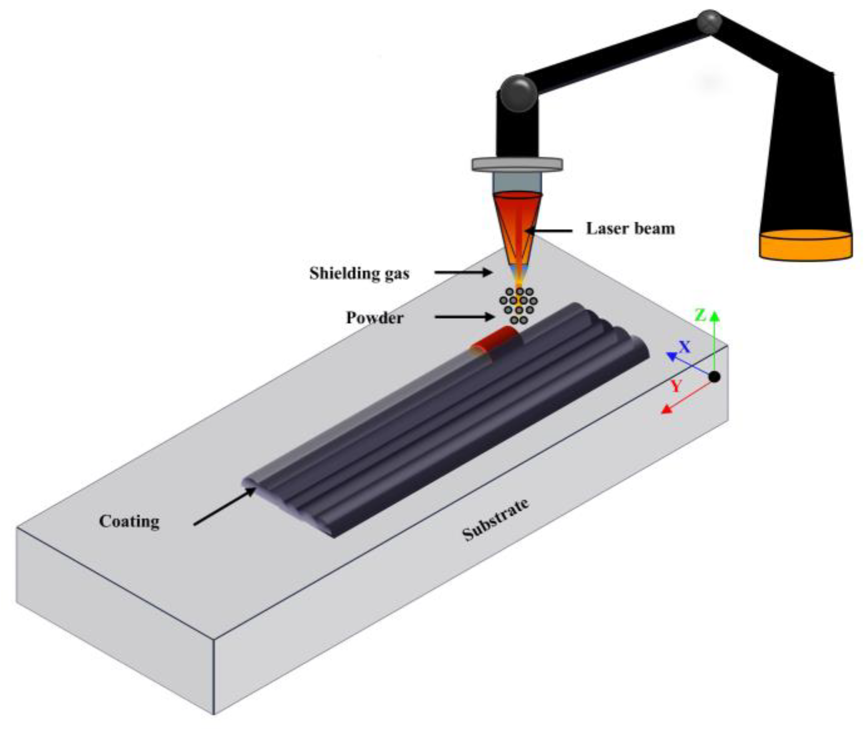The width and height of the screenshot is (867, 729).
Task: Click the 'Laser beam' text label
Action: click(x=630, y=229)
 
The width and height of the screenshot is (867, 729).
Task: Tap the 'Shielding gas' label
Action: click(x=359, y=273)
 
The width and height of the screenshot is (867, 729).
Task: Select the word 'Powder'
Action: click(x=375, y=318)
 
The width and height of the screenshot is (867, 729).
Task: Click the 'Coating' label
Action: click(x=129, y=521)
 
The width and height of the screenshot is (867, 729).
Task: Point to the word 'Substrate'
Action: click(x=495, y=520)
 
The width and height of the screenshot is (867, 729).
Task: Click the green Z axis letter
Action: click(x=700, y=316)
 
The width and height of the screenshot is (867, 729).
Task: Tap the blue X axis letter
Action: click(x=685, y=346)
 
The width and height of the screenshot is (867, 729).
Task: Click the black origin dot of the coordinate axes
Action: click(x=714, y=377)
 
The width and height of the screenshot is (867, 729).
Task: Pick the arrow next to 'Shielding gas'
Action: click(x=463, y=273)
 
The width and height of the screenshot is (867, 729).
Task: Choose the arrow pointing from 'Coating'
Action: click(x=225, y=507)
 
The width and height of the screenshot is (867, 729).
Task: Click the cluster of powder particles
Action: click(x=519, y=306)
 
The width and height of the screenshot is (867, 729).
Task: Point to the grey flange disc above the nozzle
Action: click(x=517, y=164)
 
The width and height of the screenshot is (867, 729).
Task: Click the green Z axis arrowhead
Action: click(x=715, y=316)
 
